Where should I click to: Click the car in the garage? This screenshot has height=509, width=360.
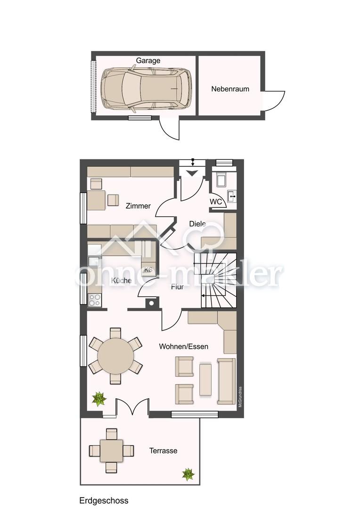coord(146,88)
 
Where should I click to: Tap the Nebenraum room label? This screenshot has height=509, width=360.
coord(230,89)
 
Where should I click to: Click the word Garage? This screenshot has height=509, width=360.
coord(148,61)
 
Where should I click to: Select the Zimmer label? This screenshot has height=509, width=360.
coord(138,206)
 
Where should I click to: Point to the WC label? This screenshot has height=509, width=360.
coord(216,202)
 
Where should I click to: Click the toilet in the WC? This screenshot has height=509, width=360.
coord(221,180)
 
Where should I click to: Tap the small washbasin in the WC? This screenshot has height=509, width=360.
coord(232,196)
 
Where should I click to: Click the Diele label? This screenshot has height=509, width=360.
coord(197,224)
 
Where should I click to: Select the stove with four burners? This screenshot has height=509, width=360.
coord(94,300)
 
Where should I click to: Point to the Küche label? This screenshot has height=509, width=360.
coord(121,280)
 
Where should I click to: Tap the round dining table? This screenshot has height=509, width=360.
coord(115,356)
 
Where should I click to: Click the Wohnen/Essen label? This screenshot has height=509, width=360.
coord(183,346)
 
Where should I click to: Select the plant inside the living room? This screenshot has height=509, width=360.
coord(99,399)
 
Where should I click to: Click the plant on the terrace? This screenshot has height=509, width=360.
coord(188,474)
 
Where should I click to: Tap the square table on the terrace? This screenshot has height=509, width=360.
coord(111,451)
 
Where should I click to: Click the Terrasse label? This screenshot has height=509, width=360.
coord(164,451)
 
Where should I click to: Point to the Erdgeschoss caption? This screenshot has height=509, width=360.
coord(104,501)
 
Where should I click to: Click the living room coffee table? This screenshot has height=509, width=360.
coord(205,379)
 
